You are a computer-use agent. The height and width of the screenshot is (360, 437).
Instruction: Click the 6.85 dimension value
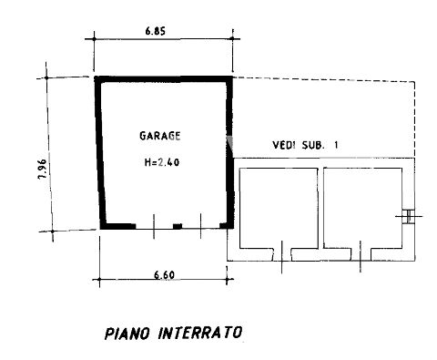(x=156, y=31)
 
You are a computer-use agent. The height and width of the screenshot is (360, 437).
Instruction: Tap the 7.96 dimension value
(x=43, y=169)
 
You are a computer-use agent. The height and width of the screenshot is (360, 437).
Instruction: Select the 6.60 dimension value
(x=164, y=275)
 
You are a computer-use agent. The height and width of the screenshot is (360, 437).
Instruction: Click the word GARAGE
(x=160, y=136)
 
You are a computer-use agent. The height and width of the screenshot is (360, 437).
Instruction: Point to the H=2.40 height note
(x=162, y=162)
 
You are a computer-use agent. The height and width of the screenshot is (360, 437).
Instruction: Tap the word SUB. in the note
(x=313, y=145)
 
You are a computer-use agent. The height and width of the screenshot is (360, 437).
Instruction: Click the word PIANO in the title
(x=127, y=333)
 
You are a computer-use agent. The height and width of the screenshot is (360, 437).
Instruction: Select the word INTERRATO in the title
(x=200, y=333)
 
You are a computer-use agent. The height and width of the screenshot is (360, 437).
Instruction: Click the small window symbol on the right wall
(x=409, y=216)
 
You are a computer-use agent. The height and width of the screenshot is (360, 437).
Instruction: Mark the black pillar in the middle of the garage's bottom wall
(x=178, y=226)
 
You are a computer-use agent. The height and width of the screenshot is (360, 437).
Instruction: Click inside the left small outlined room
(x=279, y=208)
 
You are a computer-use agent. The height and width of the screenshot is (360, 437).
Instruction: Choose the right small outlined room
(x=362, y=208)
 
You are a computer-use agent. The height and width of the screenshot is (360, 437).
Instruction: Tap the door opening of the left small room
(x=282, y=254)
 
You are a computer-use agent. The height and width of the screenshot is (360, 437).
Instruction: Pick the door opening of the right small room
(x=361, y=254)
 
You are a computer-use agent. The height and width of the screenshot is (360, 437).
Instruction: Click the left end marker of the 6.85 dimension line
(x=94, y=39)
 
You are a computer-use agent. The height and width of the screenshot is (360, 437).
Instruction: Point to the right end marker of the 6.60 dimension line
(x=227, y=279)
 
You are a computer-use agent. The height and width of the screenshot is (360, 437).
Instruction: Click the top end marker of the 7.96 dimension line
(x=46, y=78)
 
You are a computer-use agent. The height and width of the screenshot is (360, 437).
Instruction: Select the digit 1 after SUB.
(x=335, y=145)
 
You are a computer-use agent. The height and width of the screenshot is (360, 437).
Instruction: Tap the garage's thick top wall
(x=163, y=79)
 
